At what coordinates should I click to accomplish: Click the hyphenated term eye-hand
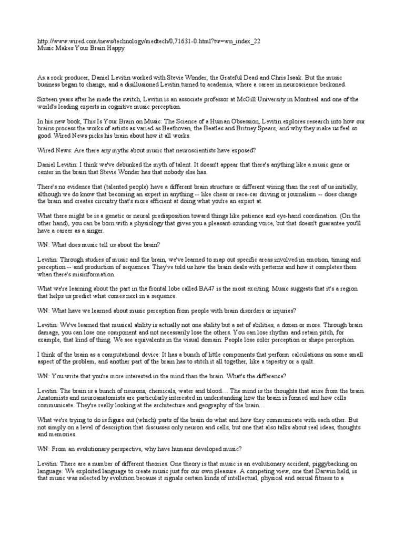pos(287,216)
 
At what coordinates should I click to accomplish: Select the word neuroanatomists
pos(98,398)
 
